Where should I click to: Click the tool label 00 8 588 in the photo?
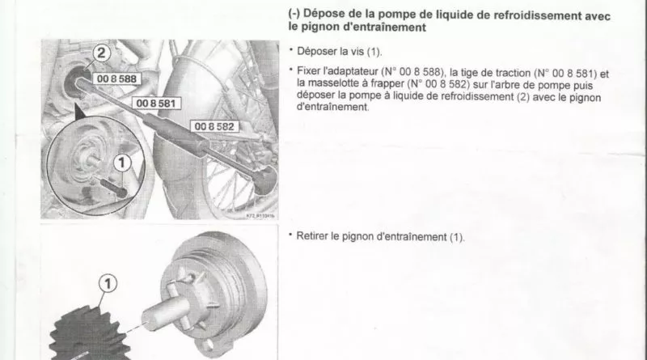click(116, 78)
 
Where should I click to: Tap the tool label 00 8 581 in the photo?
click(156, 104)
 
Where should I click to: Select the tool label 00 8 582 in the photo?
click(214, 126)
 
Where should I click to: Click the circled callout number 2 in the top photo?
click(101, 53)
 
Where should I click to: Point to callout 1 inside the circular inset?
click(122, 163)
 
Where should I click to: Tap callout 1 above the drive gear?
click(108, 284)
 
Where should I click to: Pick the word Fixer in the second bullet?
click(309, 71)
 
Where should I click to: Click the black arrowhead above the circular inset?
click(81, 112)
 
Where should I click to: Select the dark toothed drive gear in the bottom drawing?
click(89, 333)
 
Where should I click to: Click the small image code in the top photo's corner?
click(260, 216)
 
